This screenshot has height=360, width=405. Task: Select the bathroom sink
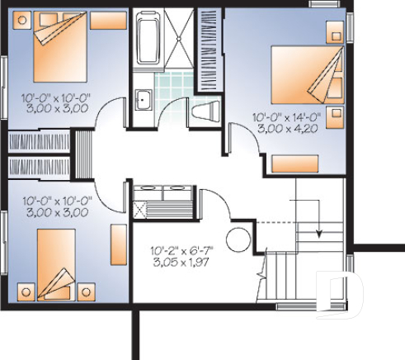click(142, 99)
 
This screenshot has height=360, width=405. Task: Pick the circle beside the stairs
click(238, 239)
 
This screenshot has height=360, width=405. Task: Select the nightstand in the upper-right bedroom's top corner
click(336, 31)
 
